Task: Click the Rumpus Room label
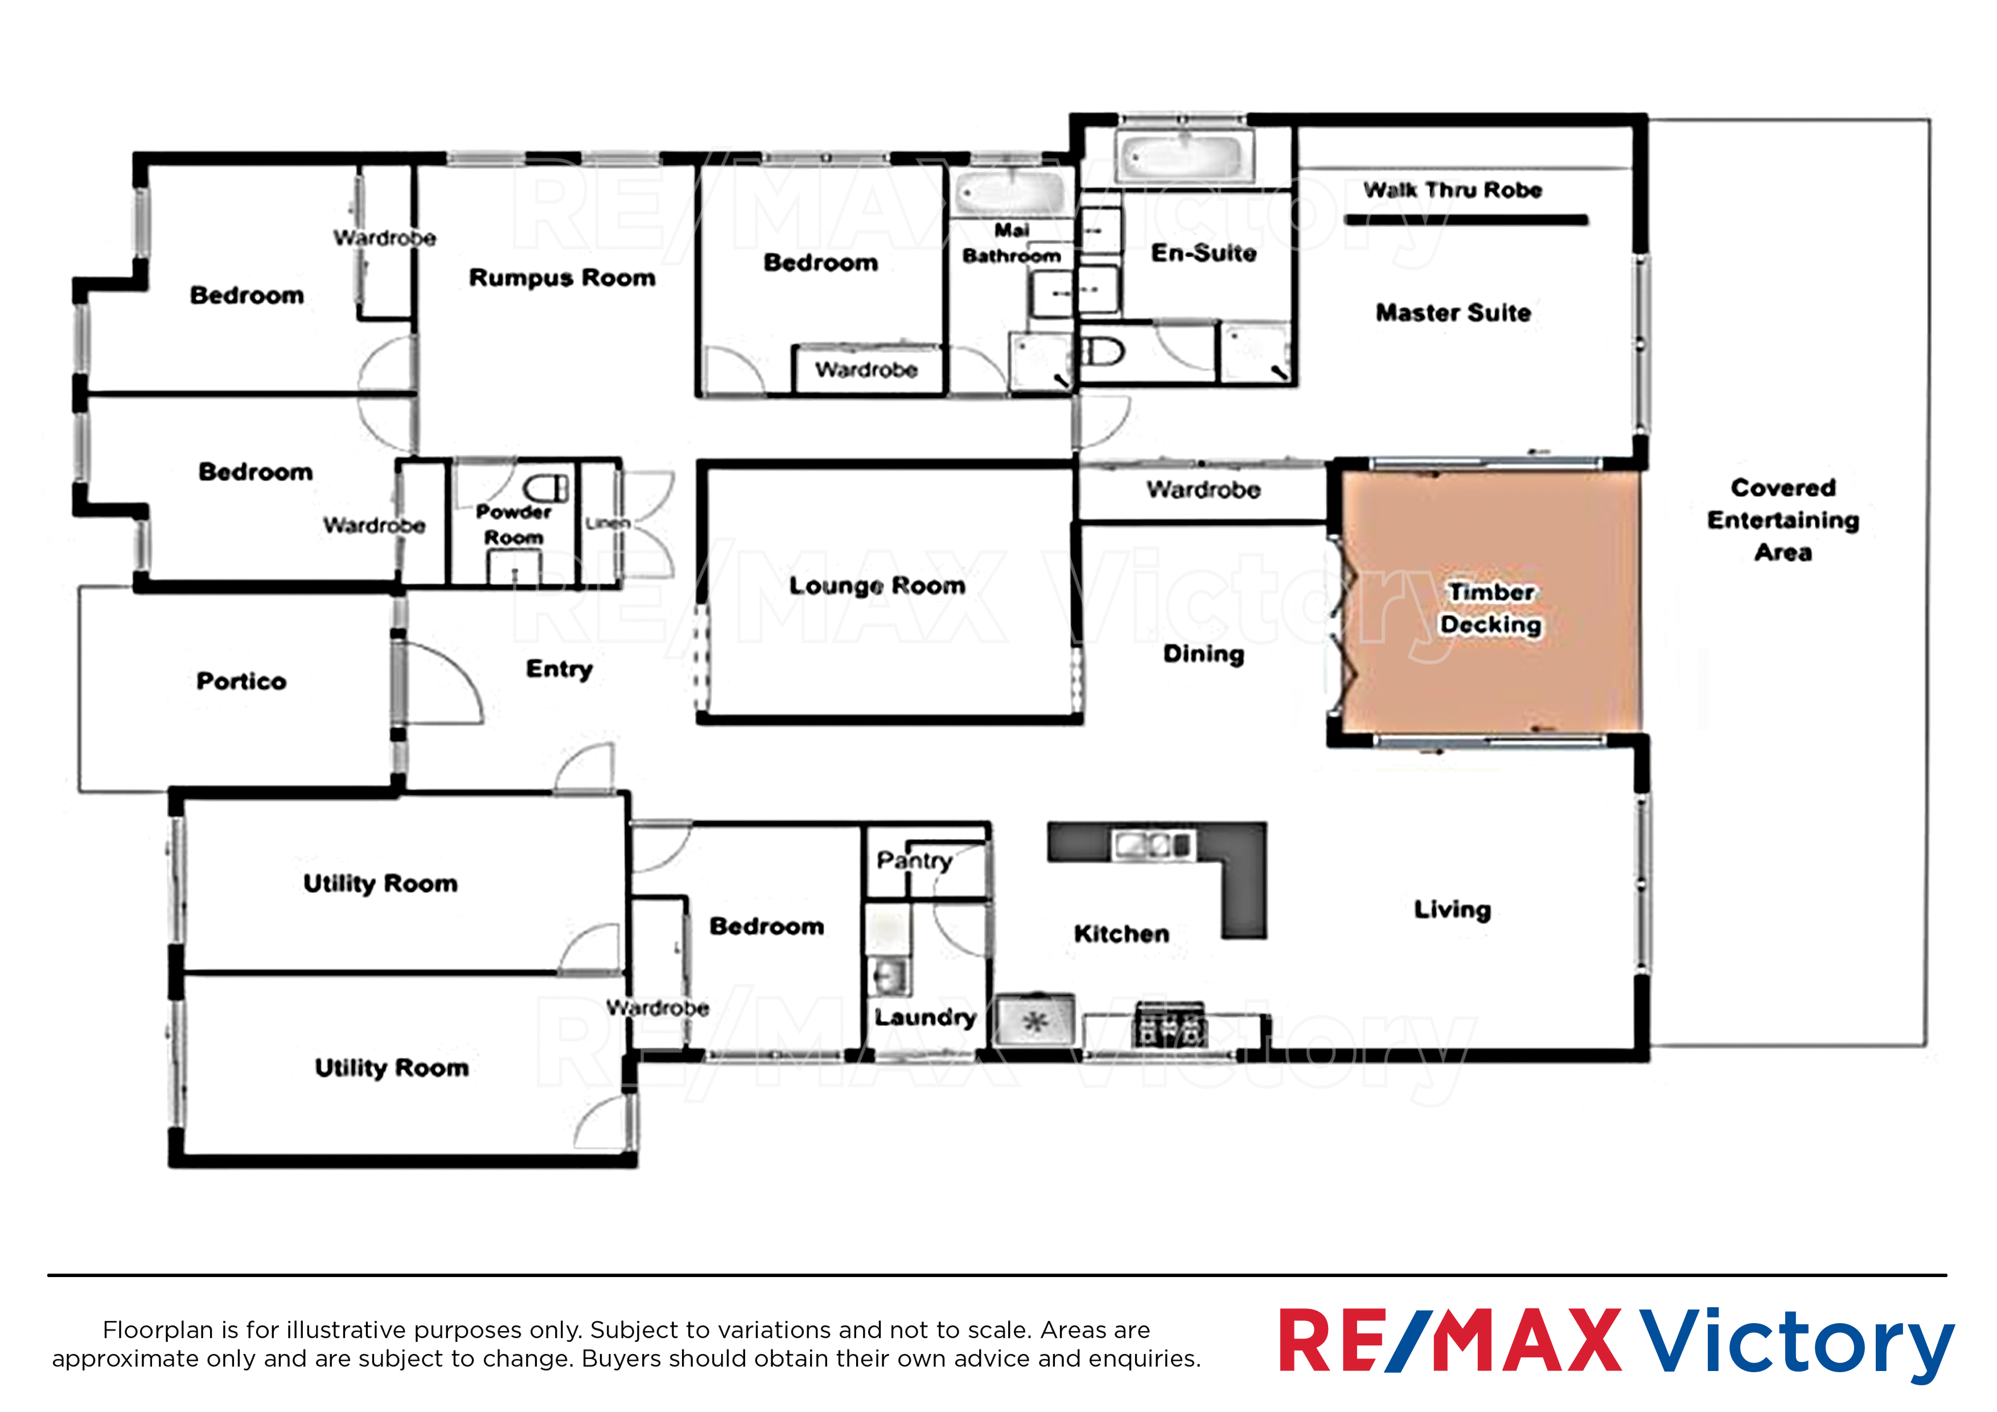pos(562,277)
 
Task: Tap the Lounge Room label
pos(877,585)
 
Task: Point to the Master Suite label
pos(1453,313)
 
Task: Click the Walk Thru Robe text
pos(1453,190)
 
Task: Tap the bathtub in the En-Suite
pos(1182,158)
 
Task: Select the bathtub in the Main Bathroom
pos(1010,193)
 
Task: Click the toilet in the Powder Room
pos(546,488)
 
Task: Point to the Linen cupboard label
pos(607,523)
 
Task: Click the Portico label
pos(241,680)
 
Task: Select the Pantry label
pos(914,860)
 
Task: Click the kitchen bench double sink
pos(1152,843)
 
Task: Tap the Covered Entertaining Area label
pos(1783,519)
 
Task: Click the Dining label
pos(1204,654)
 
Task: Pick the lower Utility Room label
pos(392,1068)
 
